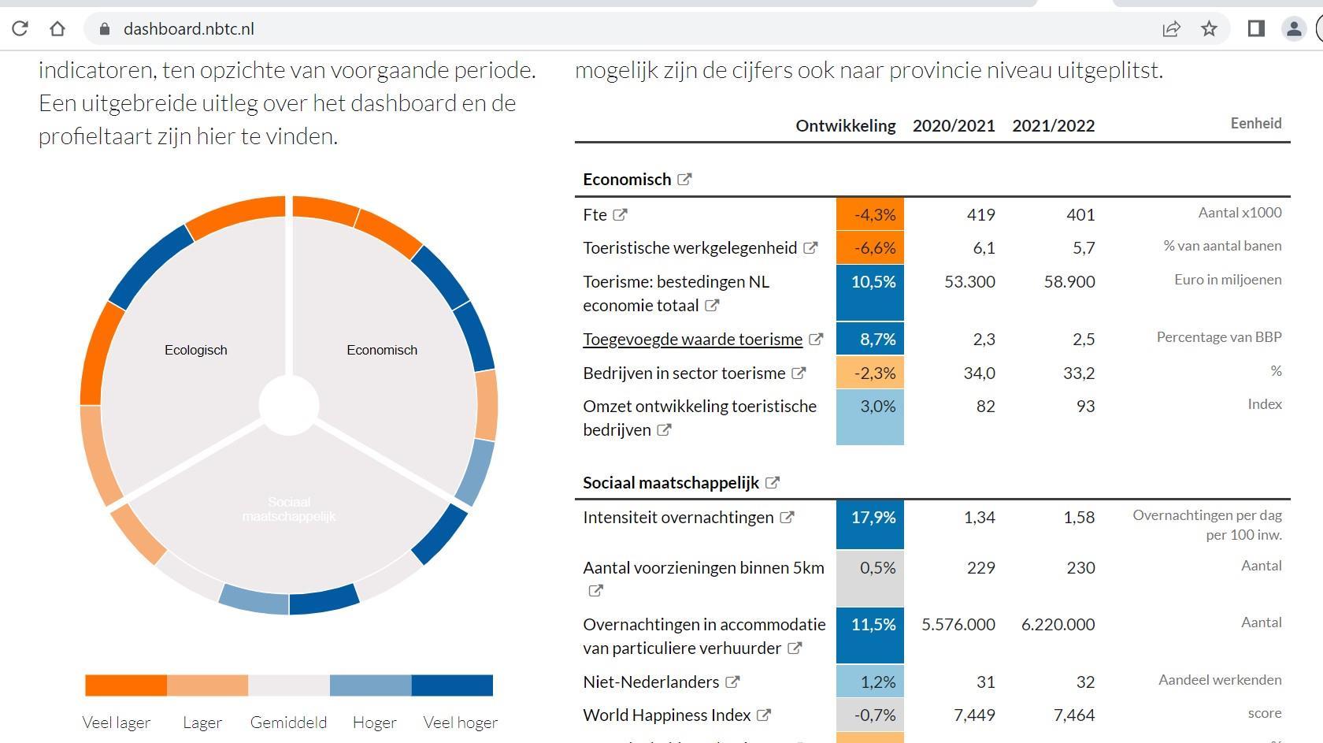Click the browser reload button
coord(20,29)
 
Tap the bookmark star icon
coord(1209,29)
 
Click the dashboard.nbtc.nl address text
coord(188,29)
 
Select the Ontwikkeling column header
coord(845,126)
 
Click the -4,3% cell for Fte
coord(870,214)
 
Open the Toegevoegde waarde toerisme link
coord(692,340)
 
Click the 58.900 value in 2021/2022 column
coord(1069,282)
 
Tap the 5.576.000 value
coord(958,625)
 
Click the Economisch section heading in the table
coord(627,180)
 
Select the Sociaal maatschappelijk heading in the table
coord(670,483)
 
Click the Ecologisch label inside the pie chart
coord(195,350)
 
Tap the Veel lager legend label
coord(117,723)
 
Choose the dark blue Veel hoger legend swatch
coord(452,685)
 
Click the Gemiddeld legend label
coord(288,723)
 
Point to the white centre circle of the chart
coord(289,405)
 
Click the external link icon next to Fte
coord(621,214)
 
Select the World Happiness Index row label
coord(666,715)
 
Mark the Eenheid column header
coord(1255,124)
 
